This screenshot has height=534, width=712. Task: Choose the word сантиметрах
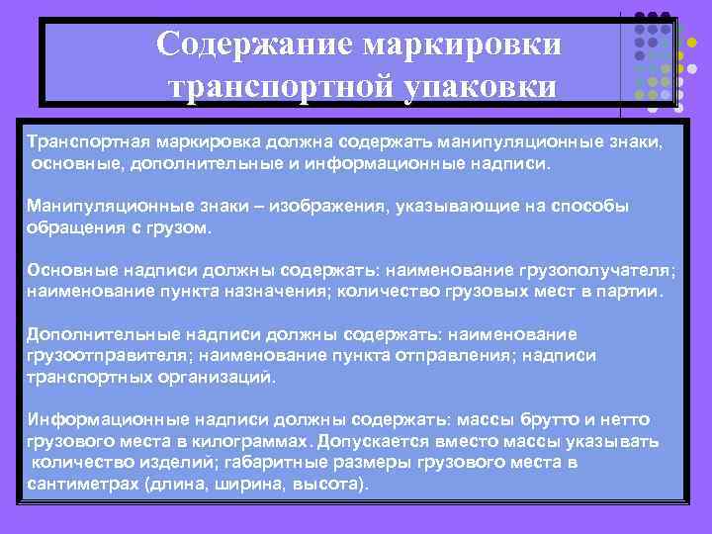[83, 485]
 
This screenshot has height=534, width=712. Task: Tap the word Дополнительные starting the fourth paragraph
[97, 333]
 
